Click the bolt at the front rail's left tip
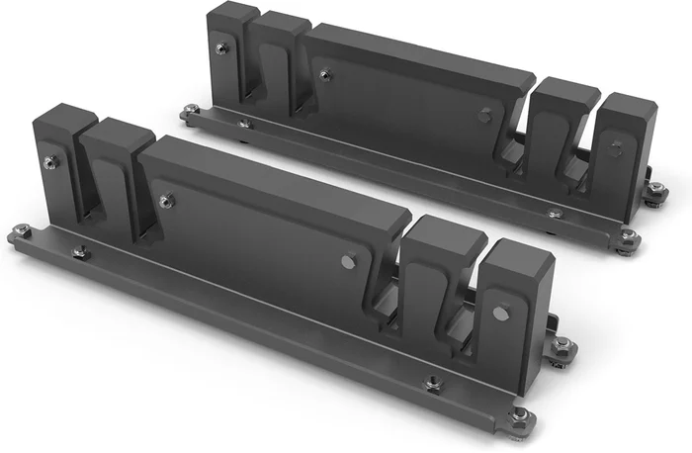22,230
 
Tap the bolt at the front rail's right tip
520,413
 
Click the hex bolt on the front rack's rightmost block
501,314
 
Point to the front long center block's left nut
167,200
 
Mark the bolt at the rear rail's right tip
628,235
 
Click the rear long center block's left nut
325,72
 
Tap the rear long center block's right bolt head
484,116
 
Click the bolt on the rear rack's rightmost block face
616,149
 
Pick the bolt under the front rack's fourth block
432,382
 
